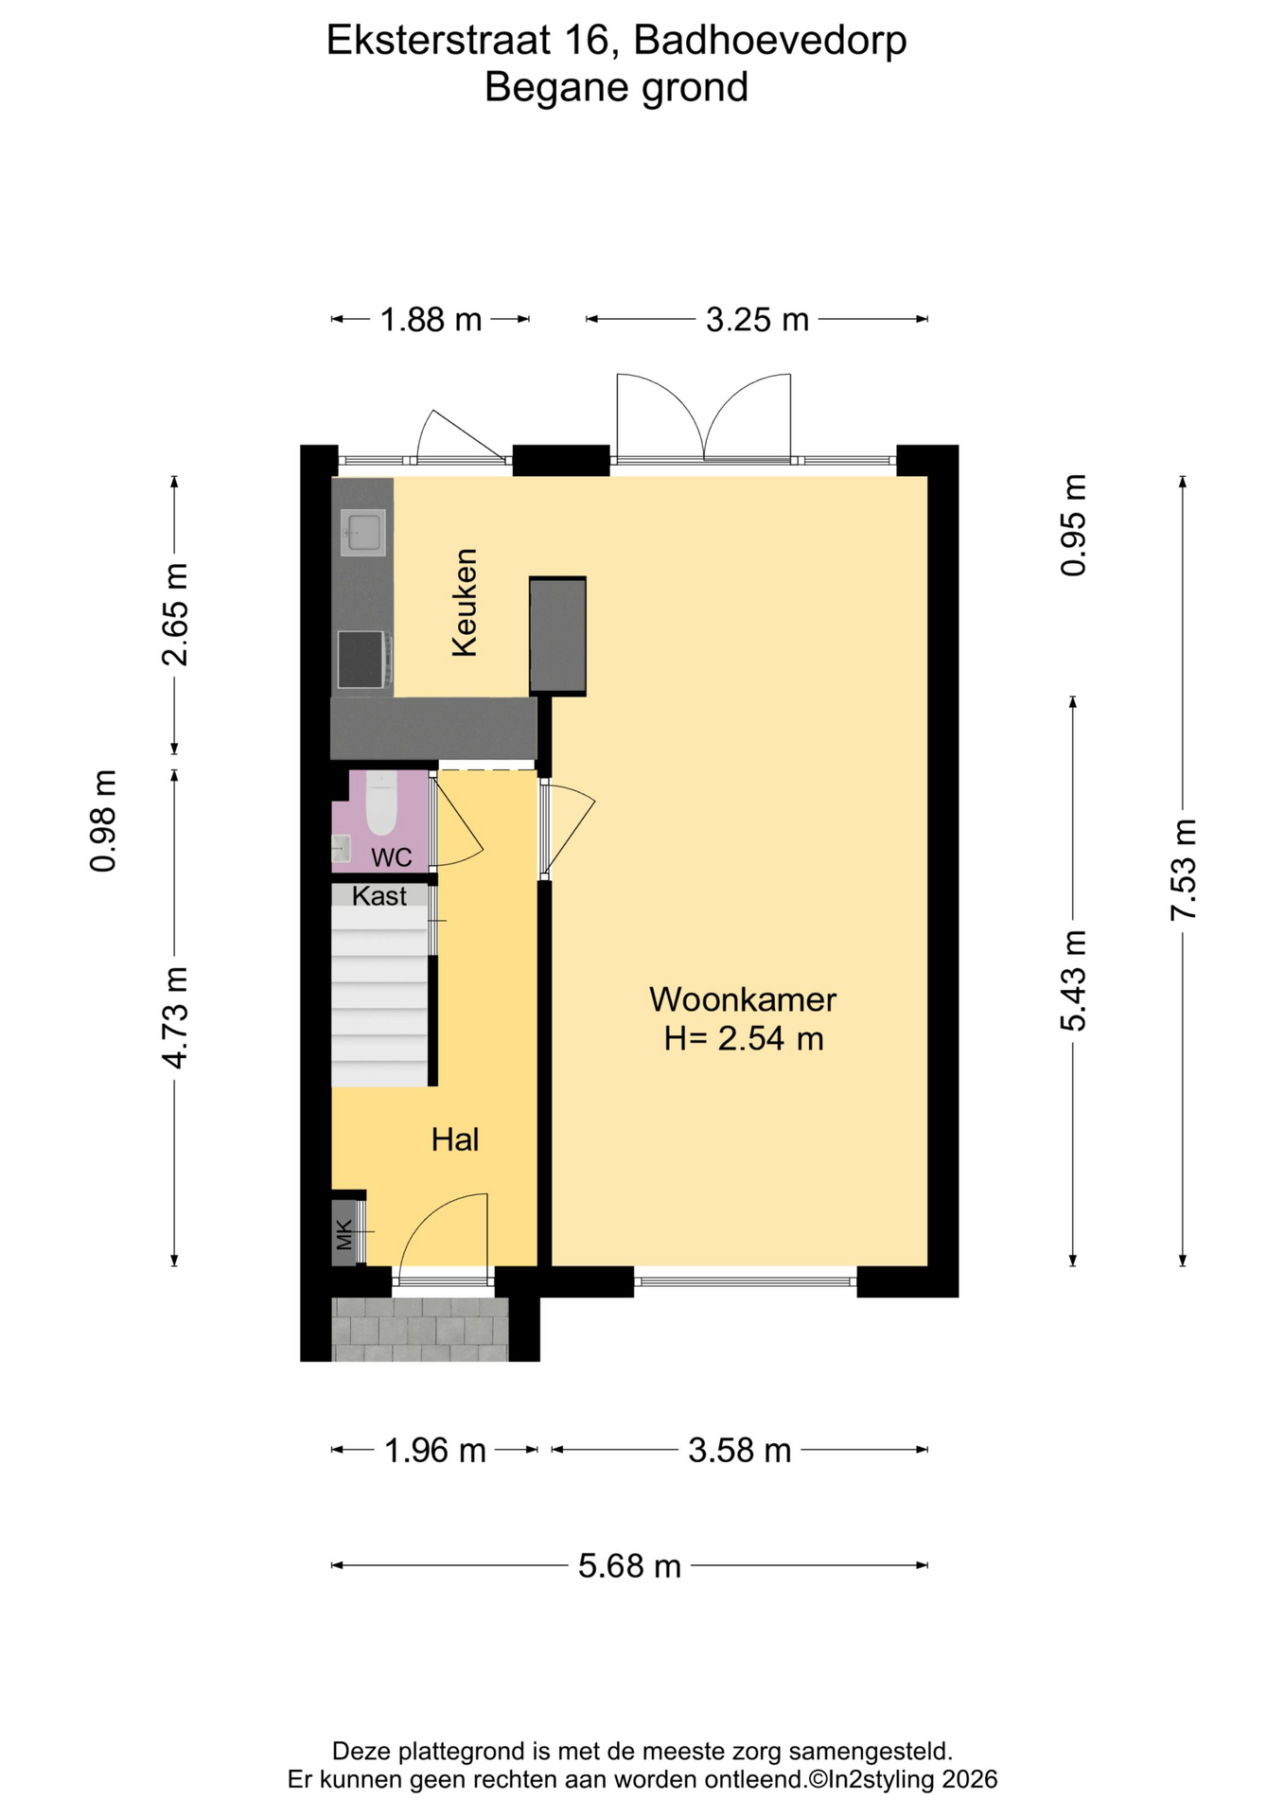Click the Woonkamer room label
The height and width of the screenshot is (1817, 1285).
point(743,999)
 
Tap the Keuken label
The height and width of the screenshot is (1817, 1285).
point(465,603)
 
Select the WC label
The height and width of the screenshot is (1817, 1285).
point(392,857)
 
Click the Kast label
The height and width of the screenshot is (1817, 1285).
point(379,896)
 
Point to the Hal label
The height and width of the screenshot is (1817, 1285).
point(455,1139)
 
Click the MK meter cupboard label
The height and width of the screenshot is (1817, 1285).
point(344,1234)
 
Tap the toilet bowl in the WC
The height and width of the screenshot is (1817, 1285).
point(381,803)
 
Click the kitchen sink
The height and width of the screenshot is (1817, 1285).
point(363,533)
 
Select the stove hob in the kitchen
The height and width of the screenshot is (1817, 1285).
point(361,659)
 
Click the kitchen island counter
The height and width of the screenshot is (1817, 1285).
point(557,636)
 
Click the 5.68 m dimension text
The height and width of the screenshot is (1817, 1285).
point(630,1566)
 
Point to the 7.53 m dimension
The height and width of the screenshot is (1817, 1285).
point(1183,869)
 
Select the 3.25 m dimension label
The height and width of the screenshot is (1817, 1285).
point(757,320)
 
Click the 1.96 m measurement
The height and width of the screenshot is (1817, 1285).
point(434,1450)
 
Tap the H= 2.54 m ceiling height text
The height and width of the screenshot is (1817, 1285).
point(744,1039)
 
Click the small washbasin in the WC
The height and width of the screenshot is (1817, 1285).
point(341,849)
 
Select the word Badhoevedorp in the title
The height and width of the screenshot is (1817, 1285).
point(770,41)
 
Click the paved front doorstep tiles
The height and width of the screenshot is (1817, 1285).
point(420,1329)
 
